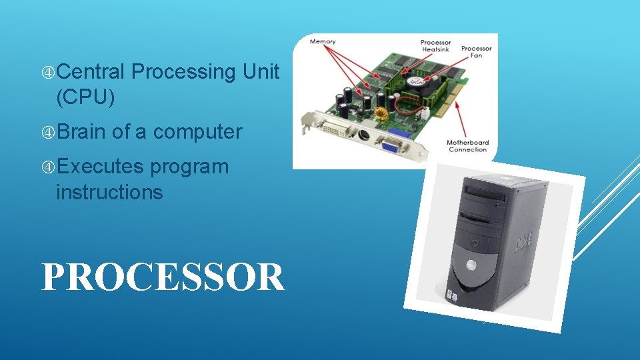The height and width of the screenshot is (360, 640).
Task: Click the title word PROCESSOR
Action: pyautogui.click(x=163, y=277)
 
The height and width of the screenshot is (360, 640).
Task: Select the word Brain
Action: pyautogui.click(x=81, y=132)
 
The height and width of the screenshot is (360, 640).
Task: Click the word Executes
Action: pyautogui.click(x=100, y=167)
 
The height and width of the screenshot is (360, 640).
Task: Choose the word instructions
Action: pyautogui.click(x=109, y=193)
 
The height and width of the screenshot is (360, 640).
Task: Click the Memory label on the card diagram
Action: pyautogui.click(x=323, y=43)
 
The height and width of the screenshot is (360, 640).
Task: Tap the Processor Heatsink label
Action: pyautogui.click(x=435, y=47)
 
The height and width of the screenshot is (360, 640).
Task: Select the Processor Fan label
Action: pyautogui.click(x=476, y=52)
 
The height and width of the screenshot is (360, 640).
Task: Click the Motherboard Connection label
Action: pyautogui.click(x=468, y=145)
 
